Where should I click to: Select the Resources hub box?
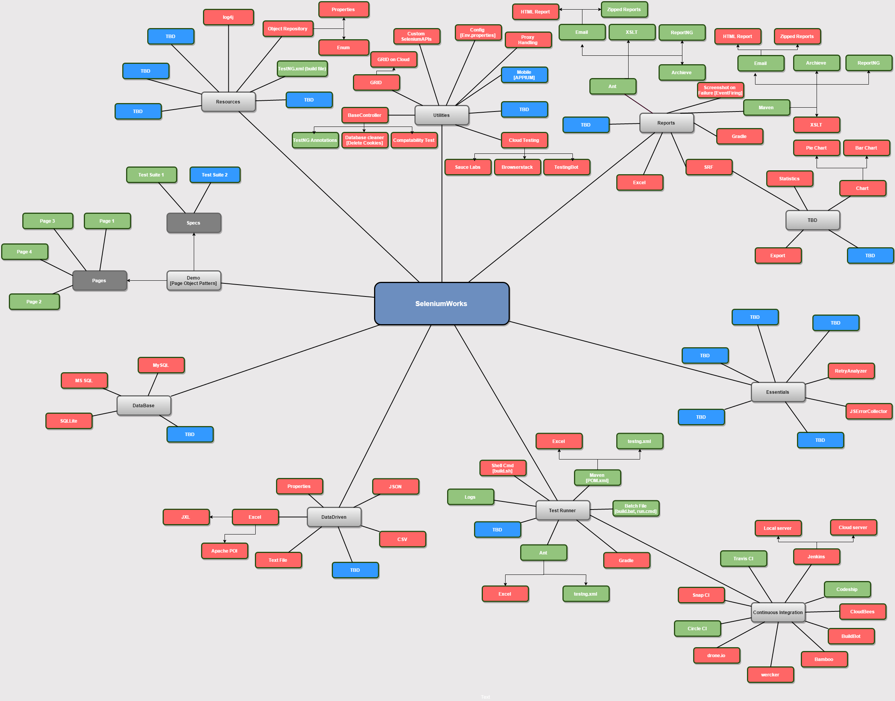click(x=228, y=102)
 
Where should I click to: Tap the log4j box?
click(x=228, y=17)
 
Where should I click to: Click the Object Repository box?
click(x=288, y=29)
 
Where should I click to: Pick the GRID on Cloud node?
click(x=394, y=60)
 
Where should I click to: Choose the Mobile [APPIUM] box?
click(x=524, y=75)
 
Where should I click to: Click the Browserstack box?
click(x=517, y=167)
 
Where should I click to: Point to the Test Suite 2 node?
click(x=215, y=175)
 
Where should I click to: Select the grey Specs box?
click(x=194, y=223)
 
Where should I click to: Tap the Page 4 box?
click(x=25, y=251)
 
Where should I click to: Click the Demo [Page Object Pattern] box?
click(x=194, y=281)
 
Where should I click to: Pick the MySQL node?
click(x=161, y=365)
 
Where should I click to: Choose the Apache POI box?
click(x=225, y=551)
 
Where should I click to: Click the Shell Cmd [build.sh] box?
click(x=503, y=468)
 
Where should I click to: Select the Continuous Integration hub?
click(x=778, y=612)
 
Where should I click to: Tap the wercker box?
click(x=770, y=675)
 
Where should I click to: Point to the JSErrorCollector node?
click(x=868, y=411)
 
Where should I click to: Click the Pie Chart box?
click(x=816, y=148)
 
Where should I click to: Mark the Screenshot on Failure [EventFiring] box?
click(x=720, y=90)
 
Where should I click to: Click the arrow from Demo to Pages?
click(x=147, y=281)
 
